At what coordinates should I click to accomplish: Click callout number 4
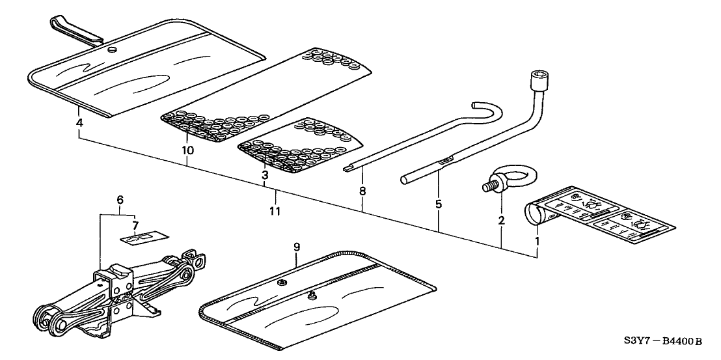(79, 122)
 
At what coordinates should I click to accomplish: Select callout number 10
(188, 150)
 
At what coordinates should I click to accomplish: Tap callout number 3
(265, 175)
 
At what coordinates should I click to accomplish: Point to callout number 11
(275, 212)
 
